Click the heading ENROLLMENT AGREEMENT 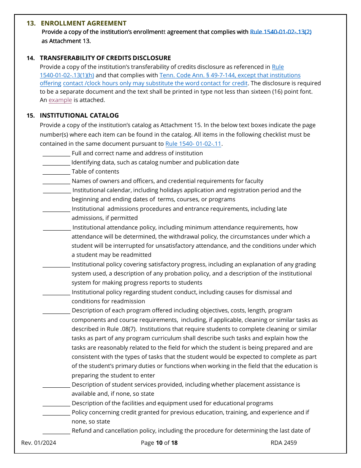coord(84,23)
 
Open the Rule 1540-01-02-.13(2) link coord(280,32)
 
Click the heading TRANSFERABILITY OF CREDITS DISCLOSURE coord(105,58)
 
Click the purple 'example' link coord(60,100)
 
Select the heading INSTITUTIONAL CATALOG coord(79,115)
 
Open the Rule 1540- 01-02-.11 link coord(193,144)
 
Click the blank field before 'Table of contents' coord(56,172)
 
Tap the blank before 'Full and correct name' coord(56,154)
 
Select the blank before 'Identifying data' coord(56,163)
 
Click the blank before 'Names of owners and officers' coord(56,181)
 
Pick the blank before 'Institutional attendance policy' coord(57,228)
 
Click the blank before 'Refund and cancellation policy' coord(56,431)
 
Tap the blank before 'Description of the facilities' coord(56,404)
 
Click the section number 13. coord(31,23)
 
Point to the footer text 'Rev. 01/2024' coord(39,443)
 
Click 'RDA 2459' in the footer coord(283,443)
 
